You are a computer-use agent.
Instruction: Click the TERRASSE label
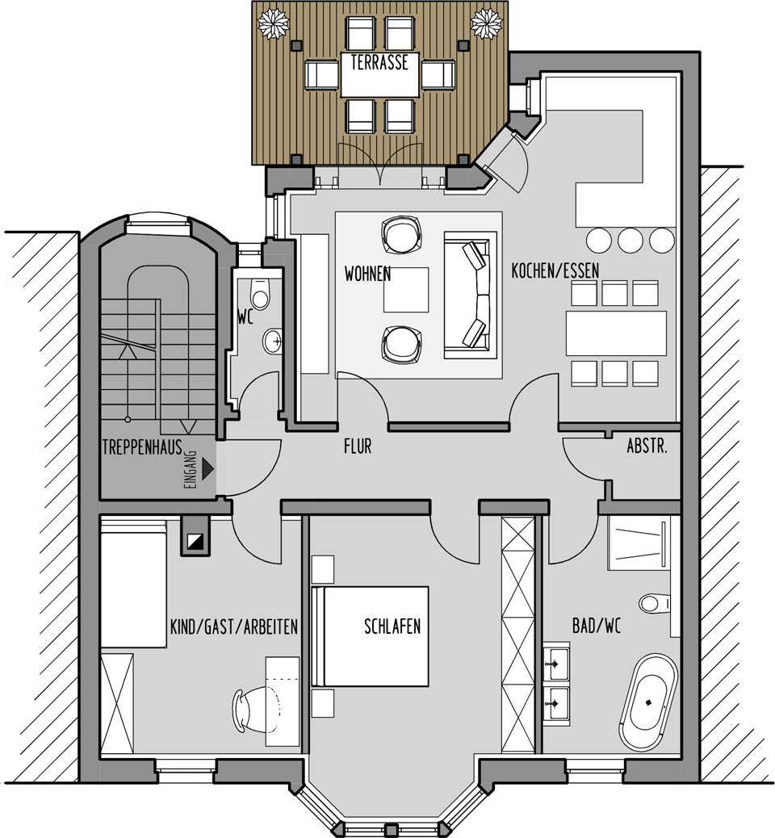(379, 62)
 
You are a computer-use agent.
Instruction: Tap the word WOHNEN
(368, 274)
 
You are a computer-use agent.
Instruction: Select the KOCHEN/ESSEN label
(555, 271)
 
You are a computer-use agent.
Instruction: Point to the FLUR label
(358, 446)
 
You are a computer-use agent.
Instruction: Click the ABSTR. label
(647, 446)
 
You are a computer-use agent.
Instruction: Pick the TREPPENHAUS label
(142, 446)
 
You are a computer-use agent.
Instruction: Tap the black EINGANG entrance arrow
(208, 469)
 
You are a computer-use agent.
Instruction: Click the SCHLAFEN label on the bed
(392, 626)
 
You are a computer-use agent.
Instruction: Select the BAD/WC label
(597, 626)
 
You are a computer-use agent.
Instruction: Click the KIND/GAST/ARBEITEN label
(233, 626)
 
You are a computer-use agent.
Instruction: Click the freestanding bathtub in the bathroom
(648, 703)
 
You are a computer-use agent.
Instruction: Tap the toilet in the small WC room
(260, 294)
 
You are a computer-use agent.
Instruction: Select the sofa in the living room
(471, 295)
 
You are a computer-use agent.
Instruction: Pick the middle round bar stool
(630, 241)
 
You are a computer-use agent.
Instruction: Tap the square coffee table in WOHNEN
(406, 290)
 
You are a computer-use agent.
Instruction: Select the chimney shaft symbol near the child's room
(195, 537)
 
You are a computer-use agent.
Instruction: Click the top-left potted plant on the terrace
(273, 23)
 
